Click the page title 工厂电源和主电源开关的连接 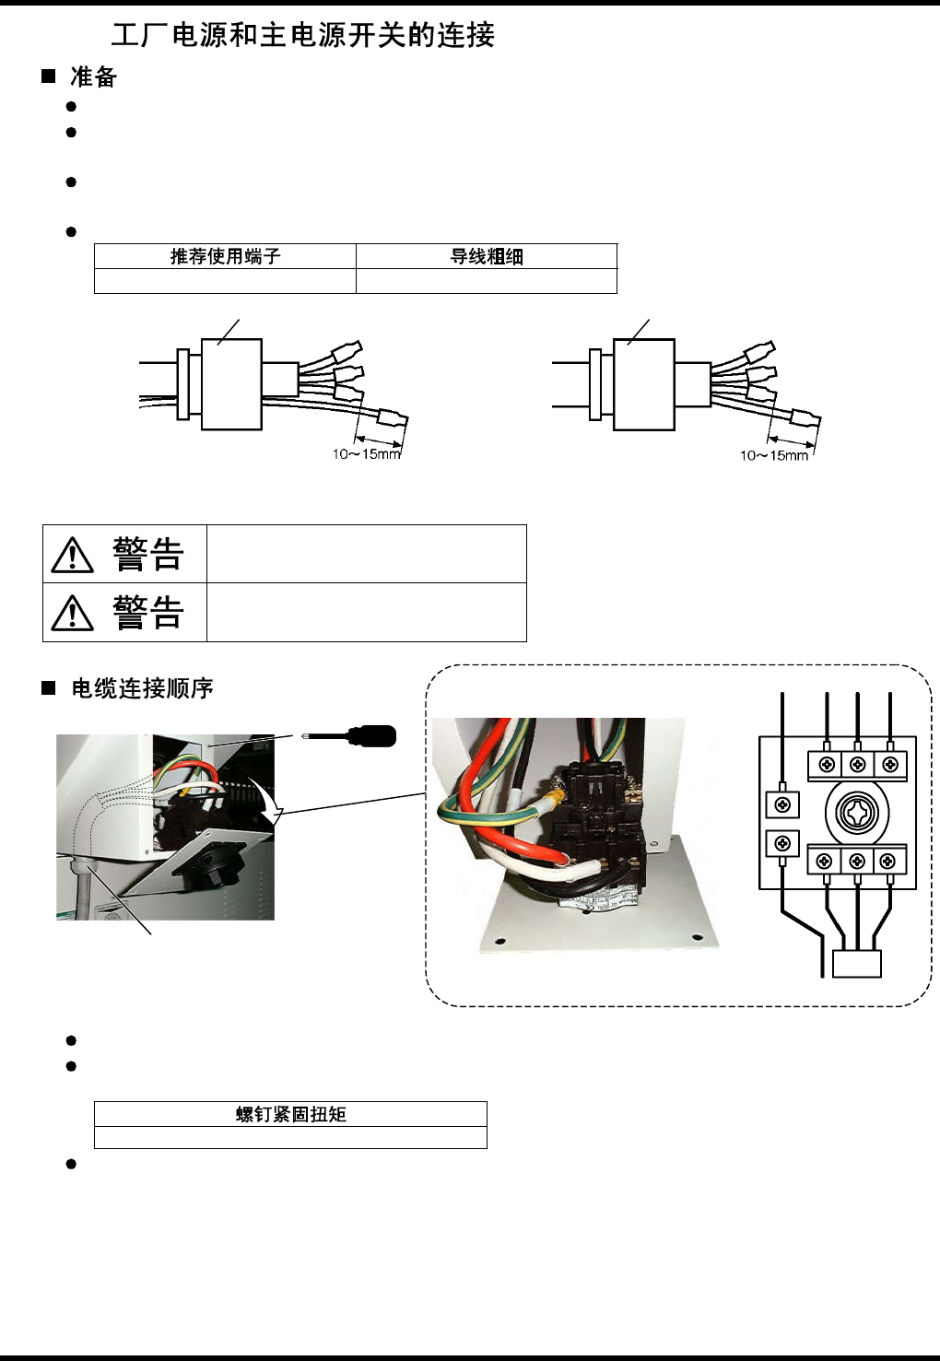pyautogui.click(x=302, y=35)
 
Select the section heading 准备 pyautogui.click(x=93, y=77)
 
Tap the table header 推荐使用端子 pyautogui.click(x=225, y=256)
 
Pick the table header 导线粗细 pyautogui.click(x=486, y=256)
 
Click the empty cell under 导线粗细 pyautogui.click(x=486, y=281)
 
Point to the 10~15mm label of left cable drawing pyautogui.click(x=366, y=453)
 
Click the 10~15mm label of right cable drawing pyautogui.click(x=774, y=455)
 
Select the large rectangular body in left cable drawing pyautogui.click(x=231, y=384)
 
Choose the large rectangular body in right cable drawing pyautogui.click(x=644, y=384)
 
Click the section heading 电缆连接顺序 pyautogui.click(x=142, y=688)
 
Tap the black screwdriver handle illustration pyautogui.click(x=370, y=735)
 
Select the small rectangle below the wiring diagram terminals pyautogui.click(x=856, y=963)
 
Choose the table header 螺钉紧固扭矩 pyautogui.click(x=290, y=1114)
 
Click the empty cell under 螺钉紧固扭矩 pyautogui.click(x=290, y=1137)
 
